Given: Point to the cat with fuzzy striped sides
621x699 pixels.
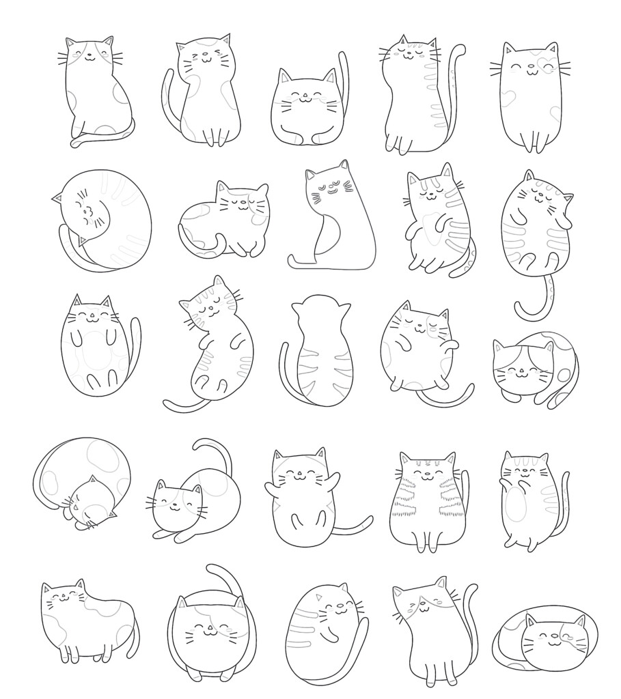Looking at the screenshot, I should [x=424, y=502].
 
